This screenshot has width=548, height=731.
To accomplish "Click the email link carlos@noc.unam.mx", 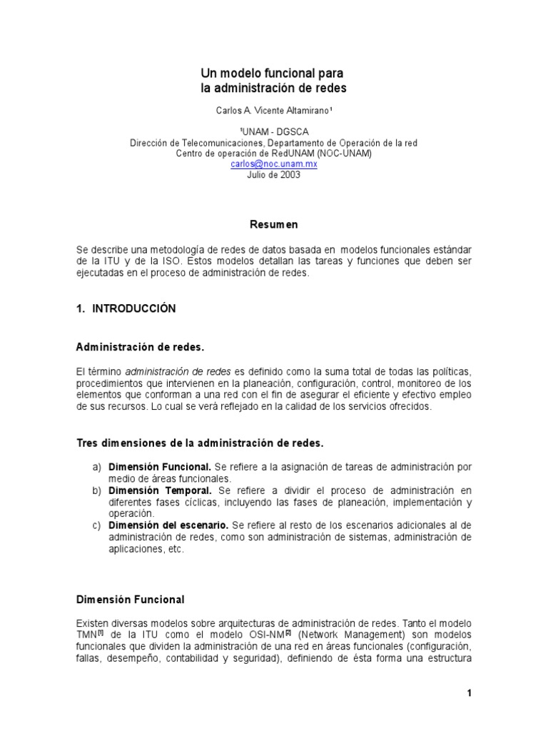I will tap(273, 163).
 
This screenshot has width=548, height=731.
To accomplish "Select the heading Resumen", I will tap(273, 224).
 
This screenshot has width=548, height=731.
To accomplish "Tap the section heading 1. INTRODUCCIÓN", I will tap(126, 308).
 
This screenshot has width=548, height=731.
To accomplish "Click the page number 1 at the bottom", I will tap(470, 692).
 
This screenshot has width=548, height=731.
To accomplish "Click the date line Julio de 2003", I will tap(273, 174).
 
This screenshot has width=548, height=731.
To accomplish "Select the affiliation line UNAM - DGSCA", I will tap(275, 132).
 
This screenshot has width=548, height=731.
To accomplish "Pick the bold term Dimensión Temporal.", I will tap(160, 491).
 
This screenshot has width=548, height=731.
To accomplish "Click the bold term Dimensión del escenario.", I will tap(168, 525).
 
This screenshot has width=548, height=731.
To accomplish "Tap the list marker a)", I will tap(96, 467).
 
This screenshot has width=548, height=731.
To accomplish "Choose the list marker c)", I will tap(96, 525).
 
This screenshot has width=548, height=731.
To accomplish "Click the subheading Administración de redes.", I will tap(140, 347).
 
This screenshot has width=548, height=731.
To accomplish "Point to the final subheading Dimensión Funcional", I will tap(130, 599).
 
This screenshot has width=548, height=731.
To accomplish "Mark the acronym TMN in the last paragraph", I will tap(86, 635).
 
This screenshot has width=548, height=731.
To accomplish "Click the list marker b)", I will tap(96, 491).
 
